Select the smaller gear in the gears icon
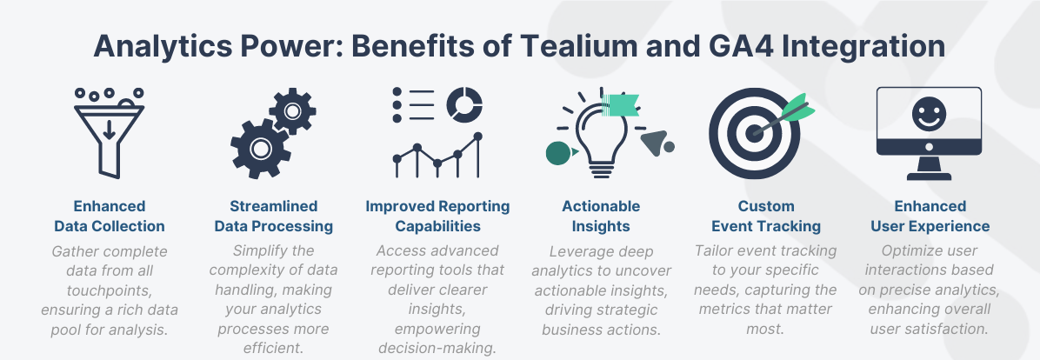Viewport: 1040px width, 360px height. (291, 110)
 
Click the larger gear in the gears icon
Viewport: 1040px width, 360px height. (259, 149)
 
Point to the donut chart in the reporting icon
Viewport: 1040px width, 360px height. (463, 104)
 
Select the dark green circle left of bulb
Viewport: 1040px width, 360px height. (557, 153)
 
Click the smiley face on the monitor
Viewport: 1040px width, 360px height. (930, 113)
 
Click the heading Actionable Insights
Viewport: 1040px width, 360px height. (601, 217)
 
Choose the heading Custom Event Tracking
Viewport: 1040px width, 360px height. (766, 217)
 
